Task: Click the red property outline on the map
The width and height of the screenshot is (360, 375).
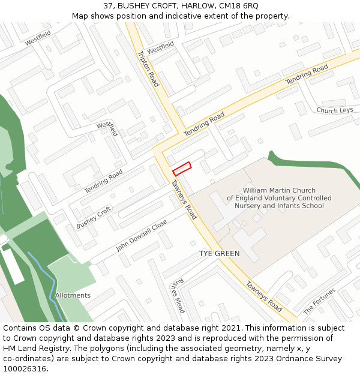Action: (182, 169)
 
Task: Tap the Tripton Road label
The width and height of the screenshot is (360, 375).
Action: (148, 68)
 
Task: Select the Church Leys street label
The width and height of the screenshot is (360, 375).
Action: (334, 110)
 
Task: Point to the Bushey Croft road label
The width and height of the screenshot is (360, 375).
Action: (94, 217)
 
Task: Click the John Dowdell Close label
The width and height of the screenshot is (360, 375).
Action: (142, 235)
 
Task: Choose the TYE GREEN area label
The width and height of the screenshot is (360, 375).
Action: (219, 254)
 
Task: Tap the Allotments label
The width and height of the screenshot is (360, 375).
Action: (73, 295)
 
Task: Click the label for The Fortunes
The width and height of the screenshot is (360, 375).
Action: (319, 302)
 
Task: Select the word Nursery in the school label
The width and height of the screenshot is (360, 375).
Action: (248, 206)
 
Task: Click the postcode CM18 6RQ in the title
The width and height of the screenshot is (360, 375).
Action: (239, 5)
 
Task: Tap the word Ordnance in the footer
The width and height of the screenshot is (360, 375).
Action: (288, 359)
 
